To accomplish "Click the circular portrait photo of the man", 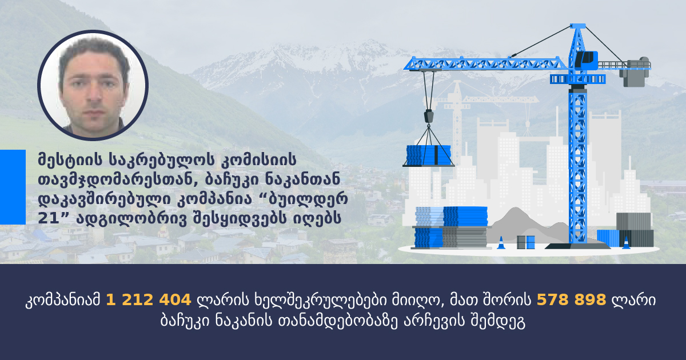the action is coord(93,85).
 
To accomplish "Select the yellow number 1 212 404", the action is coord(149,300).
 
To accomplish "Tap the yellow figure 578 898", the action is coord(572,300).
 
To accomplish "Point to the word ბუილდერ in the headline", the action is coord(308,199).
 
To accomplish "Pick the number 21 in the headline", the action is coord(49,218).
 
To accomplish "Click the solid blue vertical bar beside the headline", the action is coord(13,187).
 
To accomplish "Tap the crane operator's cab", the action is coord(586,60).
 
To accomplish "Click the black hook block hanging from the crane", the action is coord(429,116).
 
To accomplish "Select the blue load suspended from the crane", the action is coord(429,155).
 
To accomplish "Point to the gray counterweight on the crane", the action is coord(635,72).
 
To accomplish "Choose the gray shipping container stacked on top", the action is coord(633,221).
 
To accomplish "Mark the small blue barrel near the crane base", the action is coord(531,242).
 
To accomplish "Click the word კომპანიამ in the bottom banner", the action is coord(63,301).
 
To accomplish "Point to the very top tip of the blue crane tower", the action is coord(578,24).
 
